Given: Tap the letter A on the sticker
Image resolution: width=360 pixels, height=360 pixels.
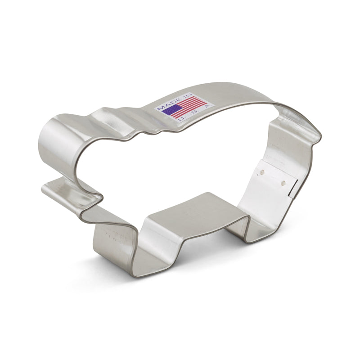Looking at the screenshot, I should [207, 107].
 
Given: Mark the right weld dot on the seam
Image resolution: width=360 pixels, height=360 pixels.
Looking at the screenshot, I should [283, 182].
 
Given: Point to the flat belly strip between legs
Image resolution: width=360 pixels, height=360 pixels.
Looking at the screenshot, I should [193, 211].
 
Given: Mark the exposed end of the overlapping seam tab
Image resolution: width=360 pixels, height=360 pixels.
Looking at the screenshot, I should [292, 189].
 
